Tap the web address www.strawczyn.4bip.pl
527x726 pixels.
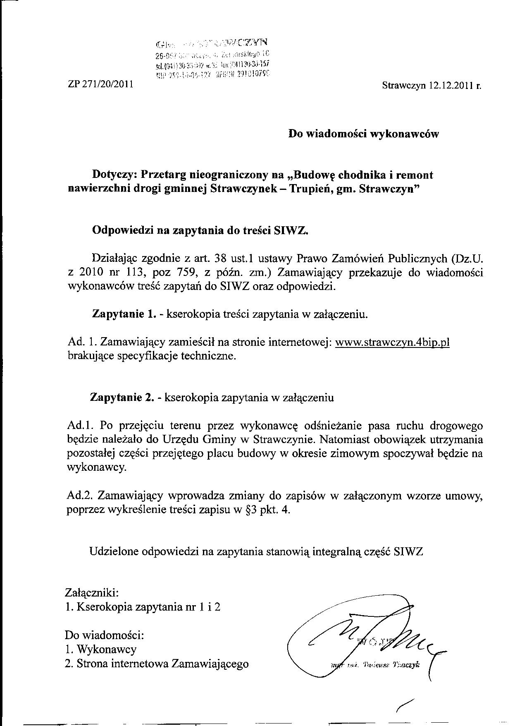pyautogui.click(x=392, y=343)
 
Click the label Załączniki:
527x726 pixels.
pyautogui.click(x=92, y=592)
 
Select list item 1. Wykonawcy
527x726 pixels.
pyautogui.click(x=101, y=649)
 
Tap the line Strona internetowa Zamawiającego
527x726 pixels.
pyautogui.click(x=163, y=664)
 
